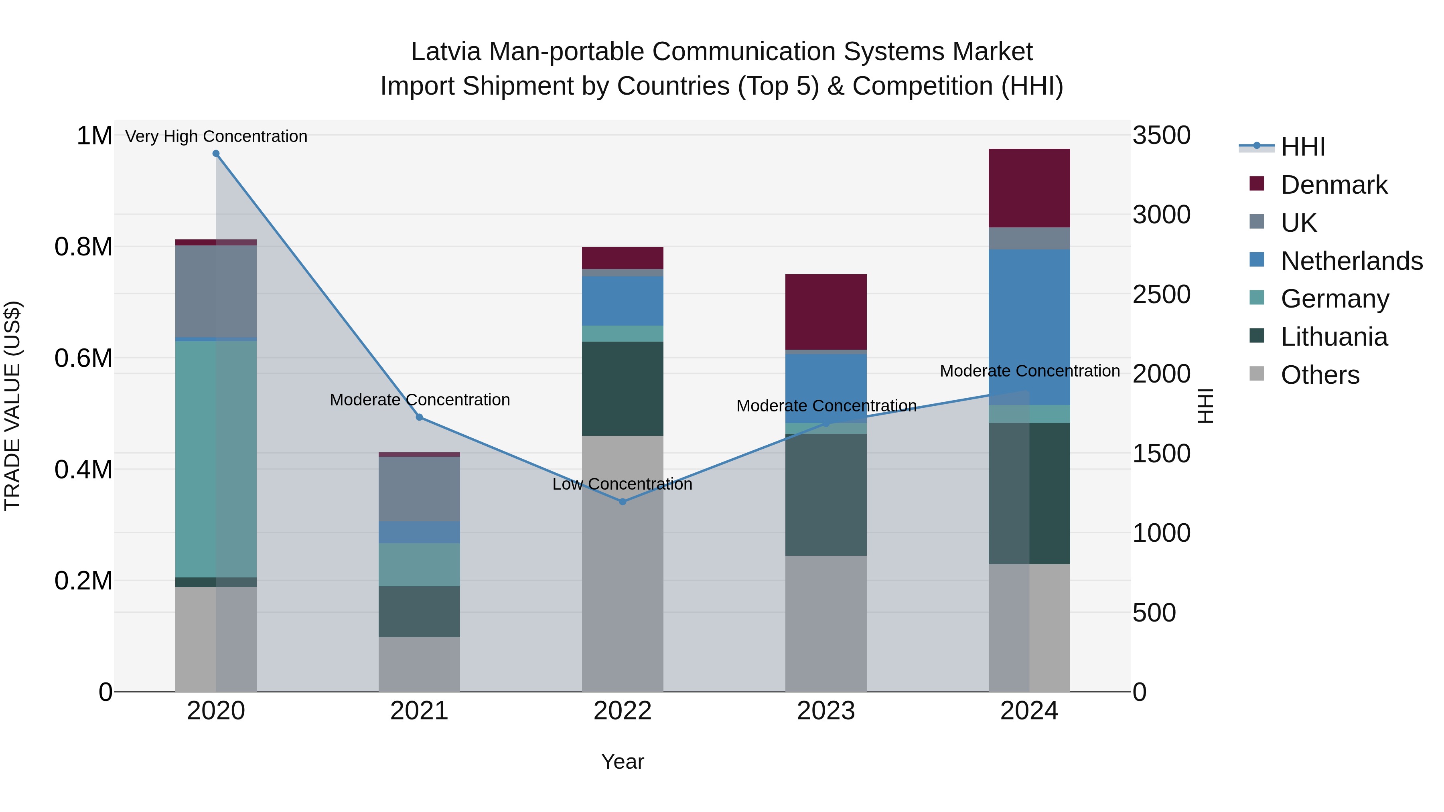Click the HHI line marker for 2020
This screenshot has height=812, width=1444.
[x=216, y=154]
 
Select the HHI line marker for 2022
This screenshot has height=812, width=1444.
[x=622, y=502]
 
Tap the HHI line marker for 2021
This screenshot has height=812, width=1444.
[x=419, y=417]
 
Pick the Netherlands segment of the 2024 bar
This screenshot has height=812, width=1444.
[x=1029, y=327]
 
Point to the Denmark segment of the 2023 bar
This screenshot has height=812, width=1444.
[x=826, y=312]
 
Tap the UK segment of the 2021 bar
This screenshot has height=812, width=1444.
[x=419, y=489]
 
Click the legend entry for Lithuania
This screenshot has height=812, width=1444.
[x=1334, y=337]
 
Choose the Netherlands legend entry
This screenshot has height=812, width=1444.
[x=1351, y=261]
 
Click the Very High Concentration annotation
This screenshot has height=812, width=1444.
[x=216, y=136]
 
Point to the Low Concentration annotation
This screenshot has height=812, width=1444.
[x=622, y=484]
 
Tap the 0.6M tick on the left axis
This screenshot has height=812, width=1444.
[x=83, y=358]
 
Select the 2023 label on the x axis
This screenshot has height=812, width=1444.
[x=826, y=711]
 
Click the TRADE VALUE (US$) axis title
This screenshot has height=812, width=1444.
[x=12, y=406]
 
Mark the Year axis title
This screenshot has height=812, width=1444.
[x=622, y=761]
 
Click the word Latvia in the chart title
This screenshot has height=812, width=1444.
[x=446, y=52]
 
